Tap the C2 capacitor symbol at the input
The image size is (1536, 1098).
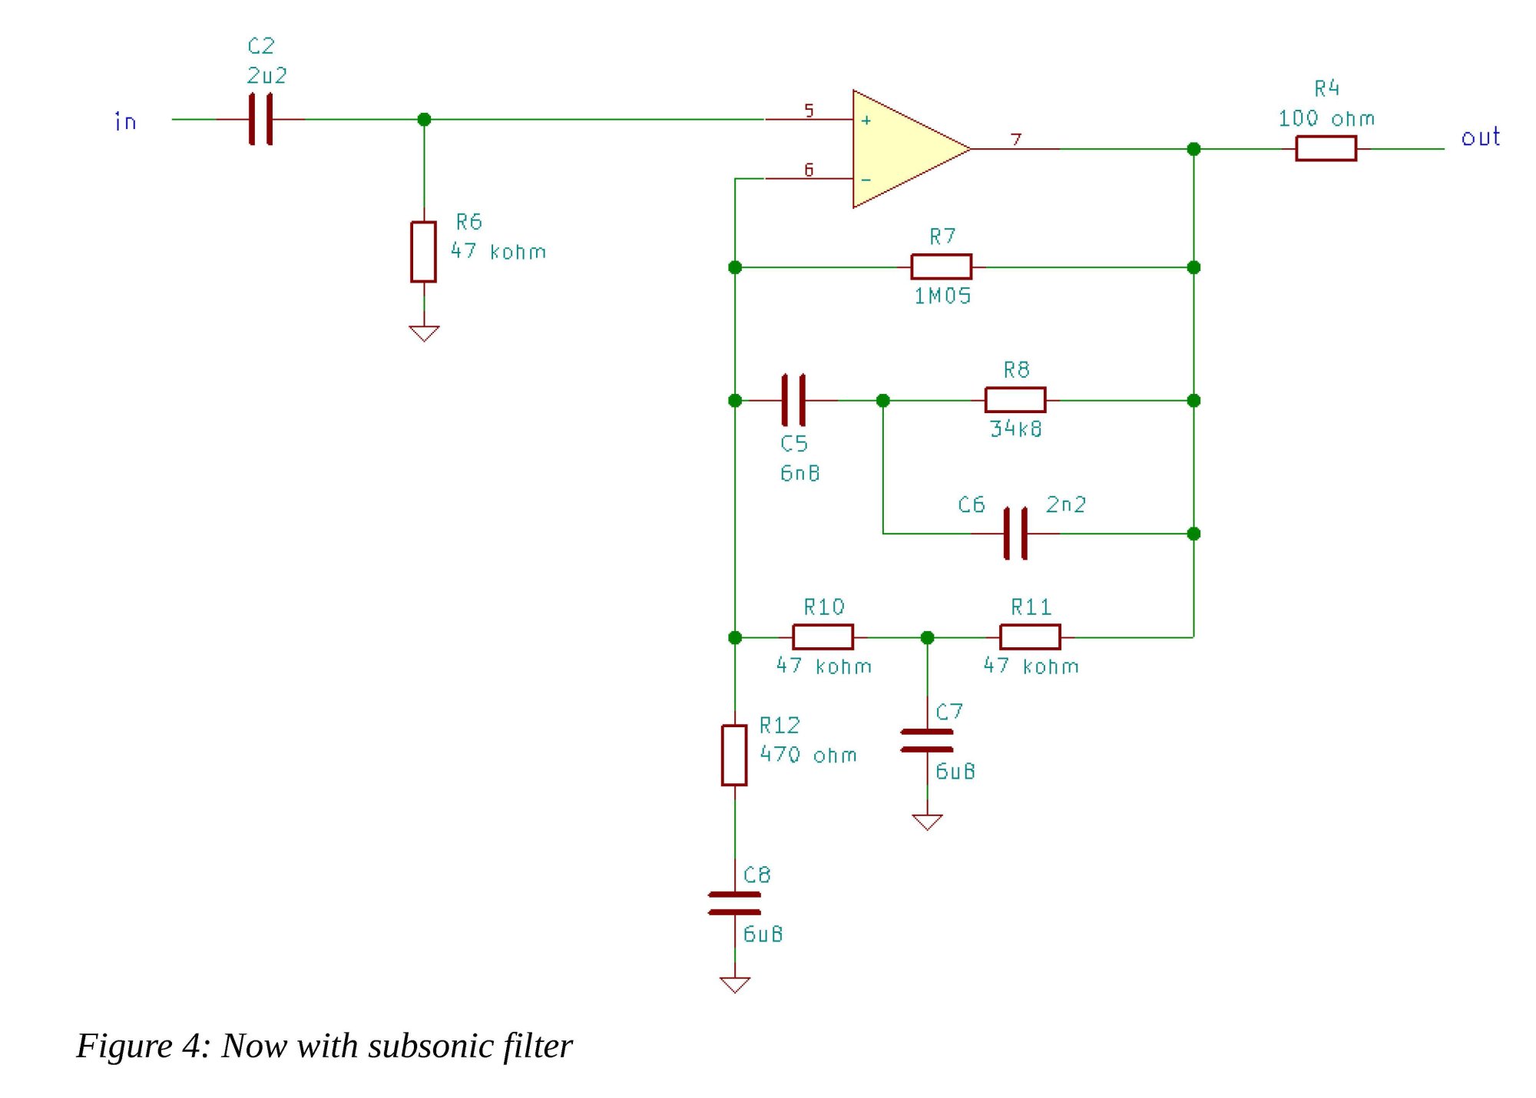click(x=260, y=119)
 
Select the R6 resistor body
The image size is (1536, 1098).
click(x=423, y=252)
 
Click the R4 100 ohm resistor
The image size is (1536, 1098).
click(x=1326, y=148)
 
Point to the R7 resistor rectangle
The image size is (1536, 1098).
click(x=941, y=266)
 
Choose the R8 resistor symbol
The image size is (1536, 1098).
click(x=1015, y=400)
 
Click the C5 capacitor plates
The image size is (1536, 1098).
click(x=793, y=400)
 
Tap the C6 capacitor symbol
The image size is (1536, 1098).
click(x=1015, y=533)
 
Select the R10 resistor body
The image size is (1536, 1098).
click(x=823, y=637)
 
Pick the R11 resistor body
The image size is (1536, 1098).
click(x=1030, y=637)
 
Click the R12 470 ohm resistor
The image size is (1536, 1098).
click(x=734, y=755)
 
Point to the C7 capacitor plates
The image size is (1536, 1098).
click(x=927, y=740)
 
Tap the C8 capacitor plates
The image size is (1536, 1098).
click(x=734, y=903)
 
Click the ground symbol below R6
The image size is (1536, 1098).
click(x=424, y=333)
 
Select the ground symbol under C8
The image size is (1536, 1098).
click(x=734, y=984)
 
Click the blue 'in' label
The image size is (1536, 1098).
click(x=125, y=121)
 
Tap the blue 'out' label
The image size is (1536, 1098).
click(x=1480, y=137)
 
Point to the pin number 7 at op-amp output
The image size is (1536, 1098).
click(x=1016, y=139)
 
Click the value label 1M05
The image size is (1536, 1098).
click(x=942, y=296)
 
